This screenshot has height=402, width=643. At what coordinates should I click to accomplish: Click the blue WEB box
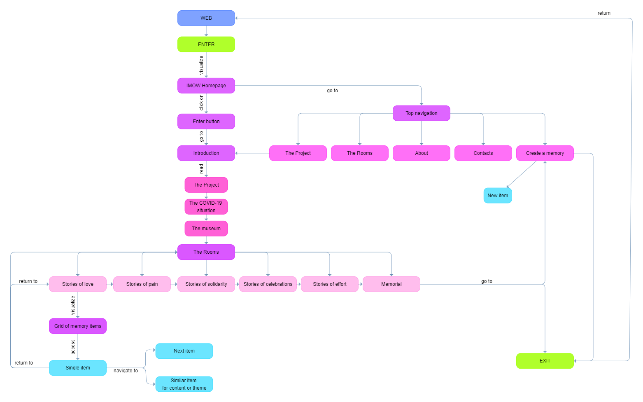click(206, 18)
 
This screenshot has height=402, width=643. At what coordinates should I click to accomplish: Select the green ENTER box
click(206, 44)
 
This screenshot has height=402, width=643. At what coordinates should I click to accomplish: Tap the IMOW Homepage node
click(206, 86)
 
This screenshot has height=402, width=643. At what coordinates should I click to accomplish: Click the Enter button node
click(206, 122)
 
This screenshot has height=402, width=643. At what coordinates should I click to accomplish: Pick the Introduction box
click(206, 153)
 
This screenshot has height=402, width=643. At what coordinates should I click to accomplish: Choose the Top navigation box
click(421, 113)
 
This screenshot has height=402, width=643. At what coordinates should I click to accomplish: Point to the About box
click(421, 153)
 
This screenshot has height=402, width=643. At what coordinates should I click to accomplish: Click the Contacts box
click(483, 153)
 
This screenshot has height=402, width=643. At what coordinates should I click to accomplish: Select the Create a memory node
click(545, 153)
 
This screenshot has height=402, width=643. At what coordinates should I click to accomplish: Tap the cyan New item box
click(498, 196)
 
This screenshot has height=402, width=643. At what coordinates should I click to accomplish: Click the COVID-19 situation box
click(206, 207)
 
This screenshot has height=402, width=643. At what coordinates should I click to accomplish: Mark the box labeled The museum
click(206, 229)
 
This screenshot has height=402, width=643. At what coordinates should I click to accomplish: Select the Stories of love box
click(78, 284)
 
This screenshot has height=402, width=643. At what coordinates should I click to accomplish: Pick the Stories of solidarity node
click(206, 284)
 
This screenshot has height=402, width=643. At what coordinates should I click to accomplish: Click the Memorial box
click(391, 284)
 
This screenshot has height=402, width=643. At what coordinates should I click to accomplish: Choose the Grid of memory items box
click(78, 326)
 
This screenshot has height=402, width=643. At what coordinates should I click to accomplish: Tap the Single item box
click(78, 368)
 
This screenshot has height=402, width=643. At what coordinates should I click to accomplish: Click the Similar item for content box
click(184, 384)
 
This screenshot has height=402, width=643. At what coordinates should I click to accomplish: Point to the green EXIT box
click(545, 361)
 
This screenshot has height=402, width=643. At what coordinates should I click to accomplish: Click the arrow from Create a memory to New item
click(522, 174)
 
